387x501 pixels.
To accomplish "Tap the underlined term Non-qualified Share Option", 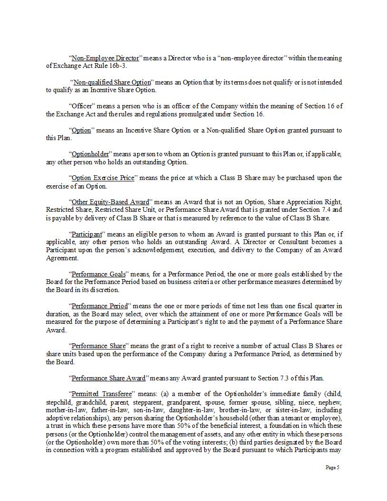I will [112, 82].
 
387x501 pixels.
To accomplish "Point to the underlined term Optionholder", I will [90, 154].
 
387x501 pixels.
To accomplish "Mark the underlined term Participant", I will [86, 234].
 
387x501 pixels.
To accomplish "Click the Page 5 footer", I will [332, 468].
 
